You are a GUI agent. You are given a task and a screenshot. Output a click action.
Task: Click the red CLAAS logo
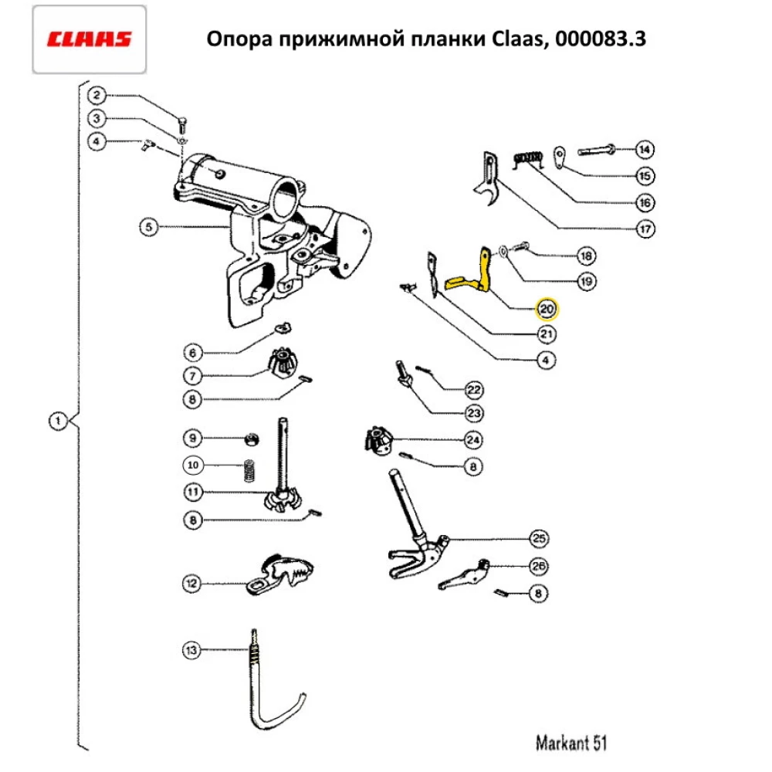89,39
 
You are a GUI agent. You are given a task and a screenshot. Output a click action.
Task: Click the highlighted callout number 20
547,310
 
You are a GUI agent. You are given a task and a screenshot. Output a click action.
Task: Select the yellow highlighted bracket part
472,277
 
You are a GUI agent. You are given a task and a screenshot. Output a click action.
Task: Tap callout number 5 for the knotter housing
149,227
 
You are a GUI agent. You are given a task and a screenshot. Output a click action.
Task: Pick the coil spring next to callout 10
249,469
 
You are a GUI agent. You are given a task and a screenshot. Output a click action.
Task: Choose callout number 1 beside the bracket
58,422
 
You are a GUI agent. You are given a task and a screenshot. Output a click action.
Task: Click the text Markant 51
571,743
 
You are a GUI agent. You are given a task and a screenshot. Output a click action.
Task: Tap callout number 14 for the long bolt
645,149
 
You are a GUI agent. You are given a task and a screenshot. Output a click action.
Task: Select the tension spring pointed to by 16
530,160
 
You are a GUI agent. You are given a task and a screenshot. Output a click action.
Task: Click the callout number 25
538,539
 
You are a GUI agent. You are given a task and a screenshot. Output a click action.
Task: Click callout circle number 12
191,582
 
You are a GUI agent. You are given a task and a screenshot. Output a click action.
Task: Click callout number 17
645,229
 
